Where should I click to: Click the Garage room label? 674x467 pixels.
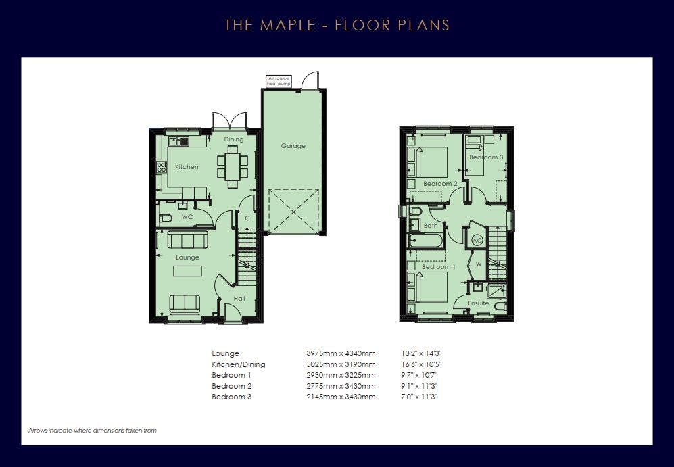click(x=293, y=146)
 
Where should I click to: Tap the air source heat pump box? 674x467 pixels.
click(x=279, y=81)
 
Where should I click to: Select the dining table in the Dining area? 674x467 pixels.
click(x=233, y=166)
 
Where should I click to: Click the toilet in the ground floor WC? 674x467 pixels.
click(x=166, y=218)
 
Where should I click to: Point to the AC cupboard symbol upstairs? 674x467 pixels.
click(x=477, y=240)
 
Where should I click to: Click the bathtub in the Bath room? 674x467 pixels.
click(x=425, y=241)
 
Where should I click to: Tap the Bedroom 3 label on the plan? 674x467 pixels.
click(x=486, y=157)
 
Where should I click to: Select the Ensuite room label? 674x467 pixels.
click(x=479, y=303)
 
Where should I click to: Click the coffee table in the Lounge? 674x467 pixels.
click(x=187, y=270)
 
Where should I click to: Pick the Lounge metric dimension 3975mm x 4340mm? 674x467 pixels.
click(x=341, y=353)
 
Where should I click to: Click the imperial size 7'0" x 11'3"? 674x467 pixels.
click(x=419, y=397)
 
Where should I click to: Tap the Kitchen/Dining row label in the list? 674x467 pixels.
click(x=239, y=364)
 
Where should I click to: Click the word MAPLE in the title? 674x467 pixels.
click(x=288, y=25)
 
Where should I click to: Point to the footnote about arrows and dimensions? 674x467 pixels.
click(x=93, y=430)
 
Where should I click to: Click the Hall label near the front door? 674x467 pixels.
click(x=239, y=298)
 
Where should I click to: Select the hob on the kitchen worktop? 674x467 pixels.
click(x=162, y=167)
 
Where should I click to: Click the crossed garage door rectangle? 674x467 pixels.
click(x=293, y=212)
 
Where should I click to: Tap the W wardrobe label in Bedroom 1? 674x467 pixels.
click(x=479, y=264)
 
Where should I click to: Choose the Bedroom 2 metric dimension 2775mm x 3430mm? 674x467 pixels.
click(x=341, y=386)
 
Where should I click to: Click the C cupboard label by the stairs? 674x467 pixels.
click(x=247, y=218)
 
